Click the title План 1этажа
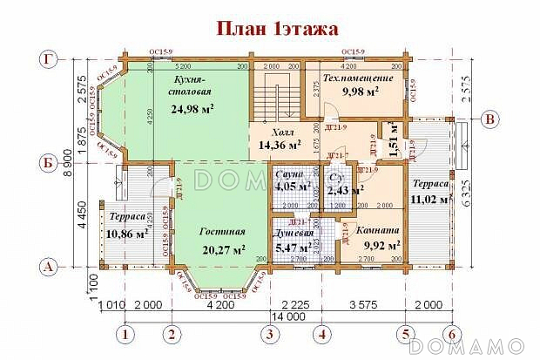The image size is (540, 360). coord(277,29)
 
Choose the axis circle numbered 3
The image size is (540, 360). coord(271,333)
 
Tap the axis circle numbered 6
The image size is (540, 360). coord(451,333)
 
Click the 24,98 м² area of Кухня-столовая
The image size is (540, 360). coord(192,109)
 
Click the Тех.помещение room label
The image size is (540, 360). coord(358,78)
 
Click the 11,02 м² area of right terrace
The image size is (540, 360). coord(428,200)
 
